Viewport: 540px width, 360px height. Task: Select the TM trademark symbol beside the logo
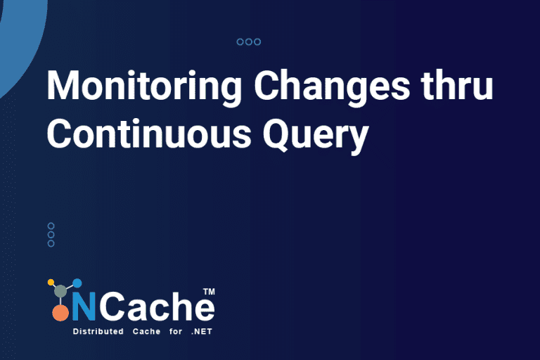click(x=208, y=290)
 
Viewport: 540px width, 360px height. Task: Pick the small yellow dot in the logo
click(x=51, y=283)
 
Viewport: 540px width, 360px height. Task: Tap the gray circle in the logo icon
click(x=61, y=290)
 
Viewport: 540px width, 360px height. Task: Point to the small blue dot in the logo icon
click(x=77, y=283)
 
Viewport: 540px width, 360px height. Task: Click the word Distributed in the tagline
click(x=96, y=331)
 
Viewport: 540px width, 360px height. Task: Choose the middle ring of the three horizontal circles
click(x=249, y=42)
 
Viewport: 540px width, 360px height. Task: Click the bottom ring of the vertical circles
click(x=51, y=243)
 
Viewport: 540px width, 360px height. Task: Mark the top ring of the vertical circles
click(x=51, y=226)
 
